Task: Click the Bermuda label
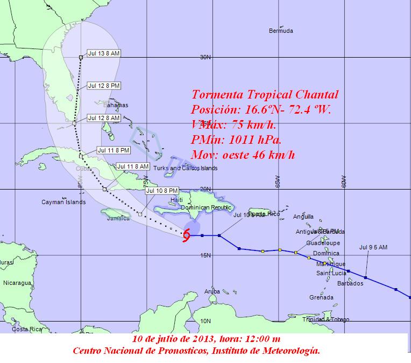click(x=281, y=31)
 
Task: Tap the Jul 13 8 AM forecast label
click(x=103, y=53)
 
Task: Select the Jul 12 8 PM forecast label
click(x=104, y=86)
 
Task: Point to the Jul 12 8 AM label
click(x=104, y=118)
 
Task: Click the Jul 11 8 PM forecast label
click(x=114, y=150)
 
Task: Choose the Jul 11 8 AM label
click(x=132, y=166)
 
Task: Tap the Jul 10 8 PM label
click(x=162, y=190)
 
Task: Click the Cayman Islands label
click(x=63, y=203)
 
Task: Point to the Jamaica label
click(x=118, y=218)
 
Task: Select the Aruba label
click(x=212, y=291)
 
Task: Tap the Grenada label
click(x=322, y=297)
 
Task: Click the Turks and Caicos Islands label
click(x=185, y=168)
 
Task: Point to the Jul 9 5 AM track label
click(x=373, y=247)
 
